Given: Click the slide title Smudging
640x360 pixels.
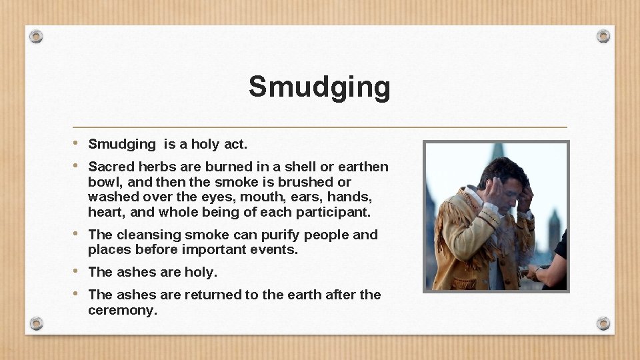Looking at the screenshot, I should coord(319,87).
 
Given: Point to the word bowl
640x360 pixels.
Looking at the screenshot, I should coord(103,182).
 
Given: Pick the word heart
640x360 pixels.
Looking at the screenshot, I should coord(103,213).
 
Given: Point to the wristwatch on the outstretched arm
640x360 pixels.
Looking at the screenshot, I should coord(537,271).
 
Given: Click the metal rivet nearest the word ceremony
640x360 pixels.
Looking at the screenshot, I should coord(37,323).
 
